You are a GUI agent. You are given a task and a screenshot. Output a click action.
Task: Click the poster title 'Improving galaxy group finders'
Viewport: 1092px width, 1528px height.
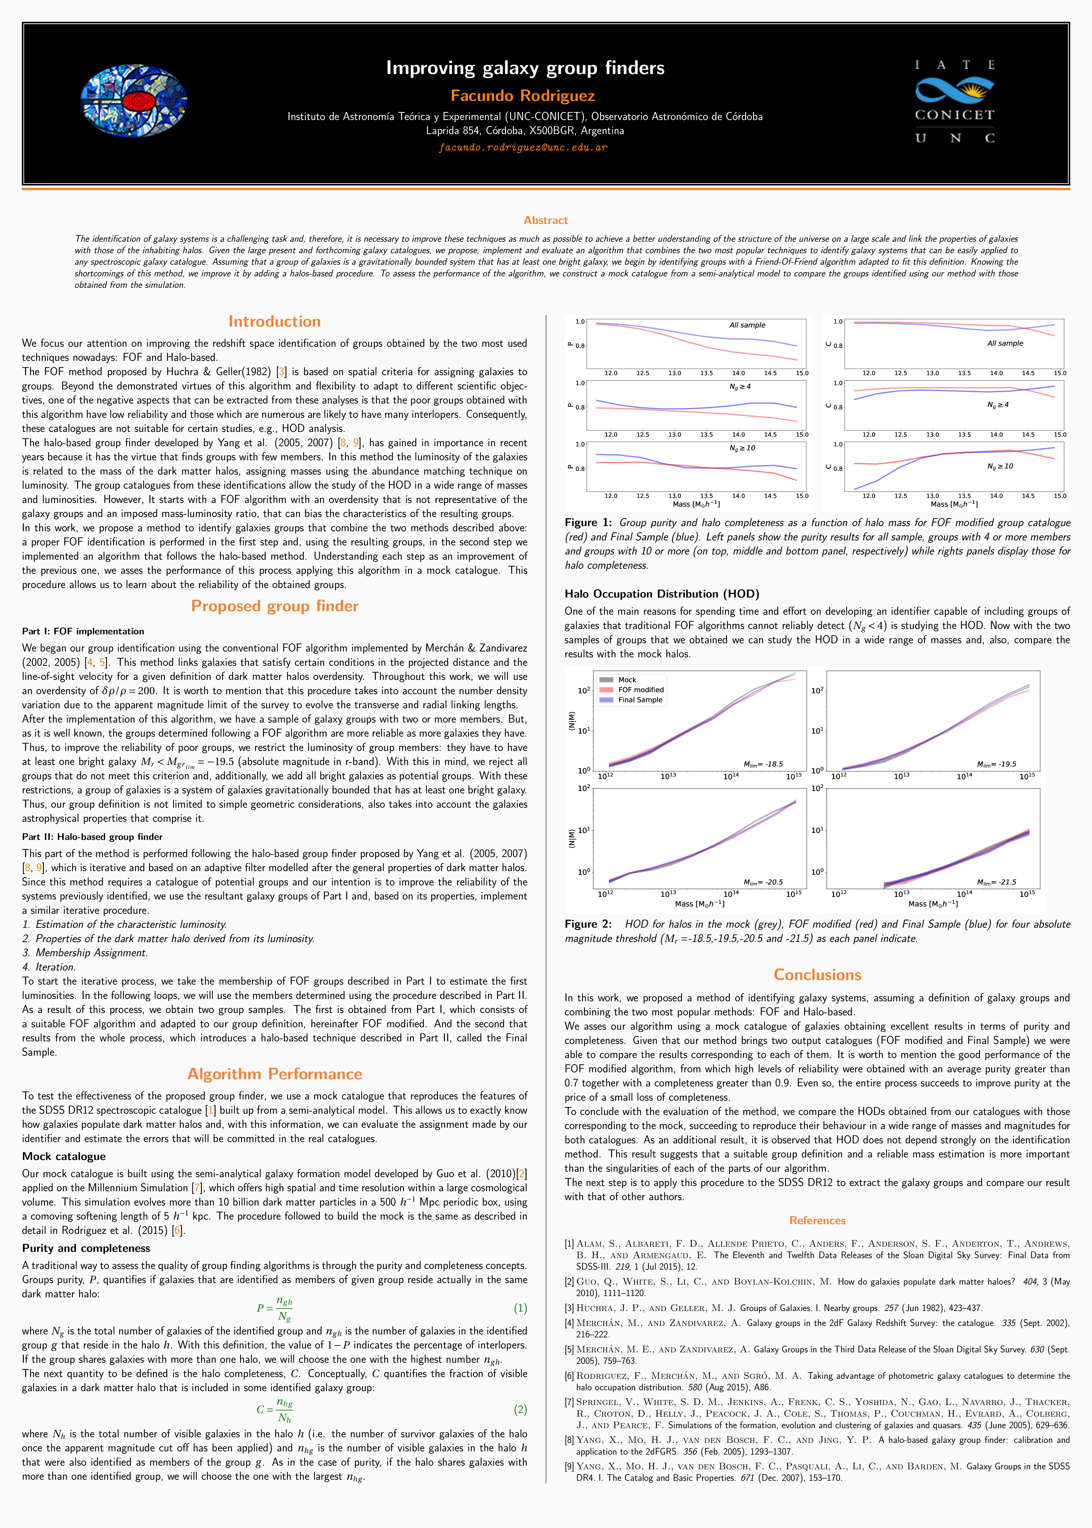[x=525, y=68]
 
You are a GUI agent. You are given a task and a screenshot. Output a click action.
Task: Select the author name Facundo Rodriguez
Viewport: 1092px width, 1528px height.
[x=522, y=96]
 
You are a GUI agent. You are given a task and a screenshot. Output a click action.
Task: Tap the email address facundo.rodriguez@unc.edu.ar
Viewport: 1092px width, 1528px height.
[x=522, y=147]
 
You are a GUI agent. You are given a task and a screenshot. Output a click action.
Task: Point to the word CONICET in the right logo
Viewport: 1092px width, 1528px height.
[x=954, y=115]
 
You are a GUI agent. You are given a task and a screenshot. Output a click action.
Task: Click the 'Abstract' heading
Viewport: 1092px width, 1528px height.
[x=545, y=220]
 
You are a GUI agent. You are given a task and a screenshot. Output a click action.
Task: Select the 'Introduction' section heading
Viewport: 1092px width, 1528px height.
[x=274, y=321]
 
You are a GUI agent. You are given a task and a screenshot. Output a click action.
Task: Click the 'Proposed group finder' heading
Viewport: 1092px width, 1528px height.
[x=274, y=606]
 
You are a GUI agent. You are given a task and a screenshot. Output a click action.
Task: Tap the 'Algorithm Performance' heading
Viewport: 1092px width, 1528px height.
[x=274, y=1074]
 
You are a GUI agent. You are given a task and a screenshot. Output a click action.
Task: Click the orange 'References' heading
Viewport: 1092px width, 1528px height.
[x=817, y=1220]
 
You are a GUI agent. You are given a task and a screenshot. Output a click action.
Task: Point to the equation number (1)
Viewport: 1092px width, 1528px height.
[x=520, y=1308]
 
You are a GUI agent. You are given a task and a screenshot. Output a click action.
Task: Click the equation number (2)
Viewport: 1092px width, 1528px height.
[x=520, y=1410]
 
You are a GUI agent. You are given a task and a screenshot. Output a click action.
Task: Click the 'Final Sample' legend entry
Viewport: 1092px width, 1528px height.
[x=640, y=700]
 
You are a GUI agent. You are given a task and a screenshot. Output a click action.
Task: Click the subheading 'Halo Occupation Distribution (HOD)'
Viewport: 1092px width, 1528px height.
[x=662, y=594]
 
